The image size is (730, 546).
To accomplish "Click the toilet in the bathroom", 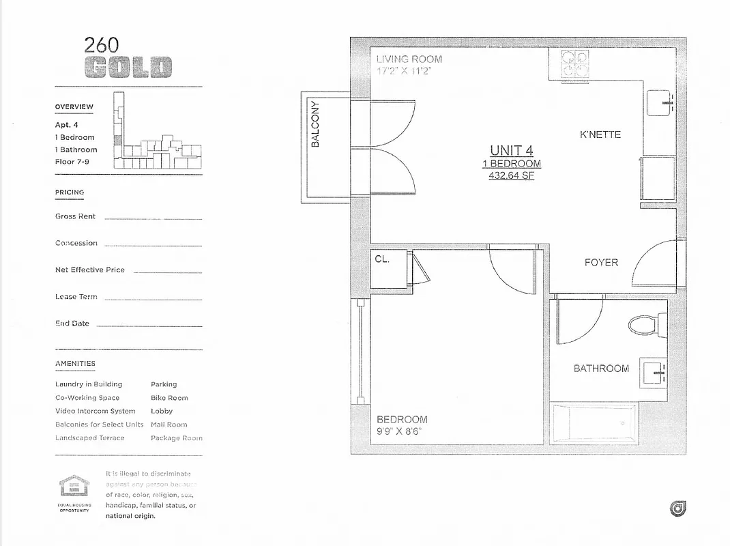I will tap(645, 325).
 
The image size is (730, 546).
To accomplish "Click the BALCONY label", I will tap(315, 124).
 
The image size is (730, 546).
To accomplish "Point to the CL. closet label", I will tap(382, 259).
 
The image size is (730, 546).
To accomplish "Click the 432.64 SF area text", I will tap(511, 175).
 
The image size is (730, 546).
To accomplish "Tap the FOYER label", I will tap(601, 262).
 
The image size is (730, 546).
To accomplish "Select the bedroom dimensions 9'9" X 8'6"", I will tap(400, 431).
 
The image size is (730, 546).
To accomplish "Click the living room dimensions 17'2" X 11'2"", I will tap(404, 71).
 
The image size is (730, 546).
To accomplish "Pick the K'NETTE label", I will tap(600, 134).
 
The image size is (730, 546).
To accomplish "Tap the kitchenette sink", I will tap(660, 104).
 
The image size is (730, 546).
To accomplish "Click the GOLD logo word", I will tap(129, 68).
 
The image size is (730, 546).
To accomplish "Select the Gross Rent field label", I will tap(76, 216).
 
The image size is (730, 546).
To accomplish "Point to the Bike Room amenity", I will tap(169, 398).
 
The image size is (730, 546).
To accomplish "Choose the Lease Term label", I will tap(76, 297).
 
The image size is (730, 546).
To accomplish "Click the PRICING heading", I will tap(70, 192).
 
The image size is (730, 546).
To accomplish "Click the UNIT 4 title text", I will tap(511, 150).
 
